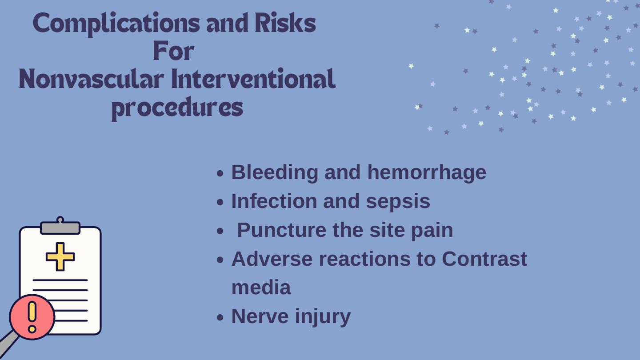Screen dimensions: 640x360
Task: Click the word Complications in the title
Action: (x=116, y=24)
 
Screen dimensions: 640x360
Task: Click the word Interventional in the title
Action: (x=253, y=78)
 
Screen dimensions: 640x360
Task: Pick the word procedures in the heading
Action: (x=177, y=108)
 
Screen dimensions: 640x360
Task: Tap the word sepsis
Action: (x=398, y=202)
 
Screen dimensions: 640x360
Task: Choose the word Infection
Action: (x=274, y=201)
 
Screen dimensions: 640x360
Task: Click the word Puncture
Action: (x=282, y=230)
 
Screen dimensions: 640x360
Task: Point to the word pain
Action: (x=432, y=231)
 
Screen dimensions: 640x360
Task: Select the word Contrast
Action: (x=484, y=259)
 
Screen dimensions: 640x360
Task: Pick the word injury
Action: (x=323, y=317)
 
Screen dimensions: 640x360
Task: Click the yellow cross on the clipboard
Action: (x=60, y=256)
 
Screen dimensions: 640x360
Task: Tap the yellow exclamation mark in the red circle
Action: (x=32, y=316)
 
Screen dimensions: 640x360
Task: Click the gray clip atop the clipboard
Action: (x=60, y=226)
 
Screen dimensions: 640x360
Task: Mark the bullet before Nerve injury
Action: (x=220, y=317)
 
